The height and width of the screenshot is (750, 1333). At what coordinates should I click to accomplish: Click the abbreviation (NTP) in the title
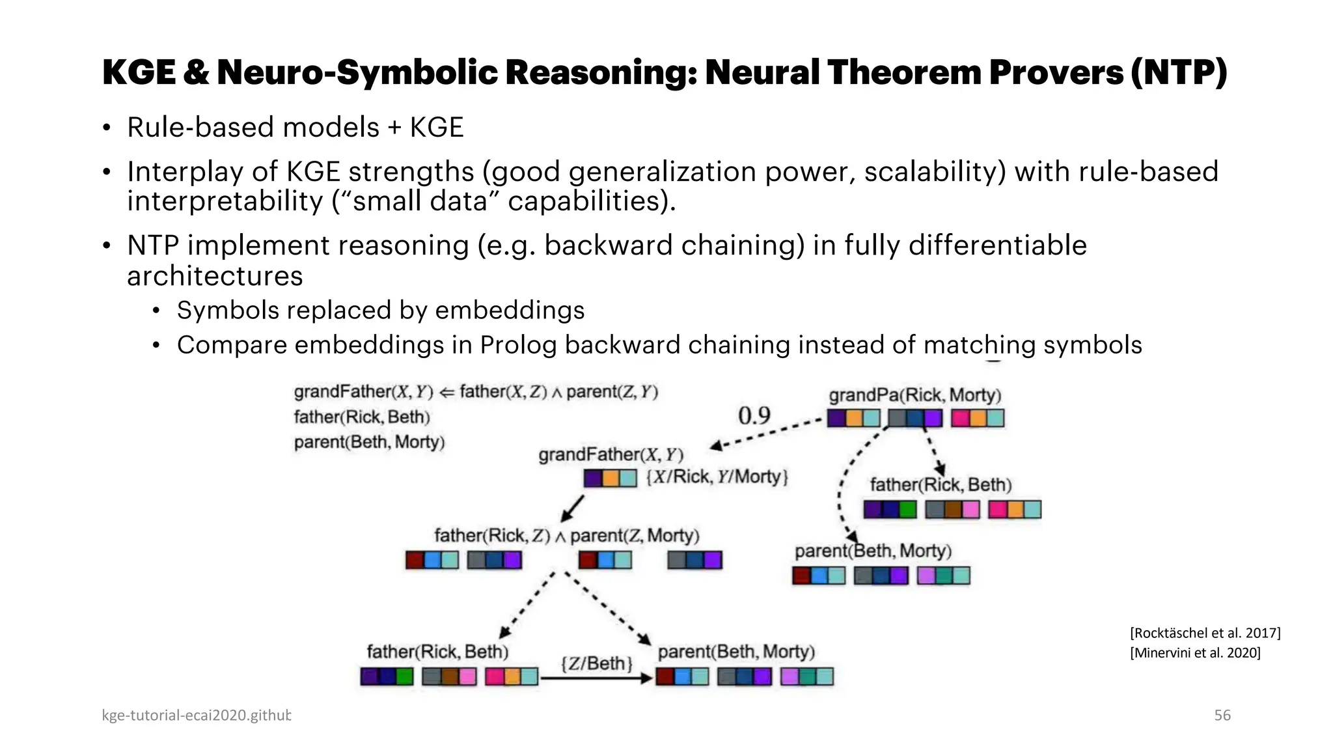pyautogui.click(x=1178, y=72)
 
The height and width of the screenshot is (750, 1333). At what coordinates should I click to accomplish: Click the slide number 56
pyautogui.click(x=1222, y=715)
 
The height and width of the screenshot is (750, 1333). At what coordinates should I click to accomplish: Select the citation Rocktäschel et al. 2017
pyautogui.click(x=1205, y=633)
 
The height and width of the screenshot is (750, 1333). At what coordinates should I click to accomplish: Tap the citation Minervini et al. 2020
pyautogui.click(x=1195, y=652)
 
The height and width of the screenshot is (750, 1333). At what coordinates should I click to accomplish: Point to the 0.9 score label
pyautogui.click(x=754, y=415)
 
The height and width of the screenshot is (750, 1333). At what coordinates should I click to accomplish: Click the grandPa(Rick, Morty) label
pyautogui.click(x=914, y=395)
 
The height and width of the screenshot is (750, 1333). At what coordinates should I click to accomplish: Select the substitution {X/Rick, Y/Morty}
pyautogui.click(x=717, y=477)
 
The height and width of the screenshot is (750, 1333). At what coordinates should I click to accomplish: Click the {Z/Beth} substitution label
pyautogui.click(x=596, y=663)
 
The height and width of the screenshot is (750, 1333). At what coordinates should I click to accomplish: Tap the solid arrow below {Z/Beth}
pyautogui.click(x=596, y=678)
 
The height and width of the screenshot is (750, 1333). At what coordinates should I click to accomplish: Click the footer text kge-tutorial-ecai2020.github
pyautogui.click(x=196, y=715)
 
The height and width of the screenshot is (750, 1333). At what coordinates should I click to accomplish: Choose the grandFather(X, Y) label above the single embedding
pyautogui.click(x=611, y=454)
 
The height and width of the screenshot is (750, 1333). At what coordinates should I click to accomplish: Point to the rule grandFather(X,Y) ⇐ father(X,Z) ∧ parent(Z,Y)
pyautogui.click(x=476, y=392)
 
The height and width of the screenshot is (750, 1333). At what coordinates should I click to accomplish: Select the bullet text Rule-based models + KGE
pyautogui.click(x=295, y=127)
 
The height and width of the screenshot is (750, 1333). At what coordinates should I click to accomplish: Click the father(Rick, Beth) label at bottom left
pyautogui.click(x=437, y=652)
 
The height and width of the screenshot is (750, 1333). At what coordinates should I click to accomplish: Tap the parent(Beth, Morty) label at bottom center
pyautogui.click(x=736, y=652)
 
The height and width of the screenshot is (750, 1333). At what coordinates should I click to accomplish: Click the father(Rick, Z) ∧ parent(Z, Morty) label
pyautogui.click(x=566, y=536)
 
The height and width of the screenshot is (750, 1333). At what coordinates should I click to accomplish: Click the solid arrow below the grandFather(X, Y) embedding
pyautogui.click(x=573, y=508)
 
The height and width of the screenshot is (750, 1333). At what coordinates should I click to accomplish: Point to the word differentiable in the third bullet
pyautogui.click(x=997, y=245)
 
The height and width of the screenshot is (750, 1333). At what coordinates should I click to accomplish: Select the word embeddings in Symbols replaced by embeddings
pyautogui.click(x=510, y=311)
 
